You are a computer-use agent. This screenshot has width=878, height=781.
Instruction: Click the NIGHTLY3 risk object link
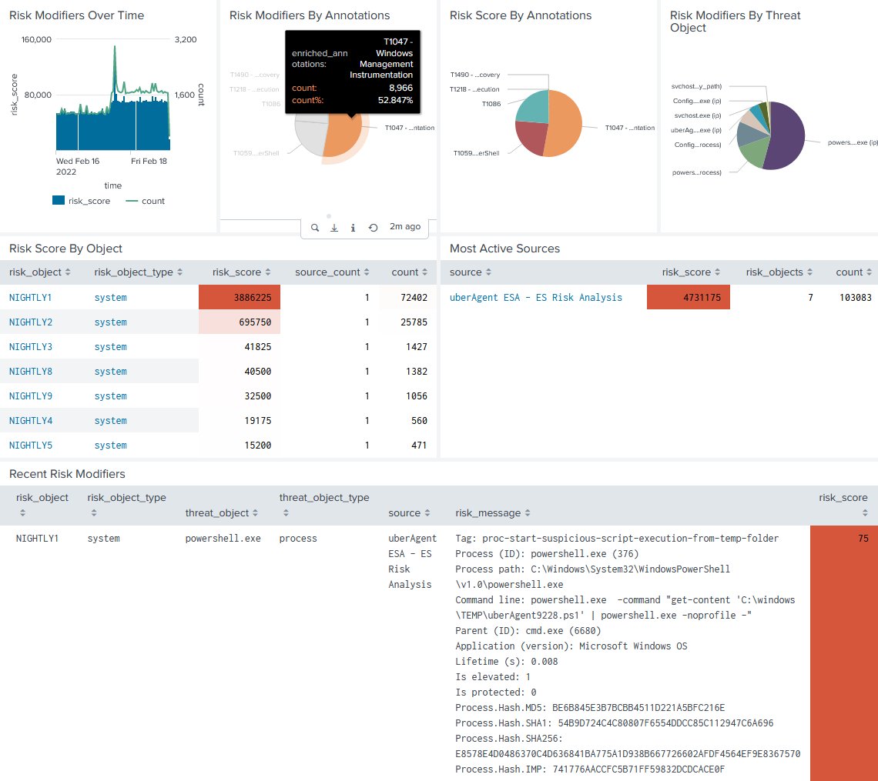click(x=31, y=347)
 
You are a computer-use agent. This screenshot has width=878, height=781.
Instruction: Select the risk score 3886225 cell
click(x=240, y=297)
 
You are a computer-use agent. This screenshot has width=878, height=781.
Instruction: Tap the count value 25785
click(x=414, y=322)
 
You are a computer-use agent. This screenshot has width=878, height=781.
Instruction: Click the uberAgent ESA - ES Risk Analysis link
click(x=536, y=298)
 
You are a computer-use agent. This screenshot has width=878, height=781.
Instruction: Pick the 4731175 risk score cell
click(x=689, y=297)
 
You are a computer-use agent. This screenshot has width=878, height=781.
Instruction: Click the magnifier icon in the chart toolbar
click(x=315, y=228)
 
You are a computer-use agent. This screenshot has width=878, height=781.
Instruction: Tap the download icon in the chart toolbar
click(x=334, y=228)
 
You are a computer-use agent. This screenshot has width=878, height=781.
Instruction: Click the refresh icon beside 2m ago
click(x=373, y=228)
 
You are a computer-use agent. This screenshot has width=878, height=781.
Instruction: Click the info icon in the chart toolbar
click(x=353, y=228)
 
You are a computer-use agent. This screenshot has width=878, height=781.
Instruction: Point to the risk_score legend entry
click(x=81, y=201)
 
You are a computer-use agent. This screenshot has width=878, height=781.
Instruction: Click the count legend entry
click(x=145, y=201)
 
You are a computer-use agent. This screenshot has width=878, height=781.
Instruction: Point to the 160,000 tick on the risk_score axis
click(x=36, y=39)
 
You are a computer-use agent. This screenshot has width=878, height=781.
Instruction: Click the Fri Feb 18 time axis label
click(x=149, y=161)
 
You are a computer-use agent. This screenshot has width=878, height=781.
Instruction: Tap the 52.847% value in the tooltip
click(x=395, y=100)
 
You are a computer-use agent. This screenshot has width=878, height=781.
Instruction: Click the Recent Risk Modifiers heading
click(x=67, y=474)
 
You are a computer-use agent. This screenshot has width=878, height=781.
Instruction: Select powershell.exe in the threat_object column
click(x=223, y=538)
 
